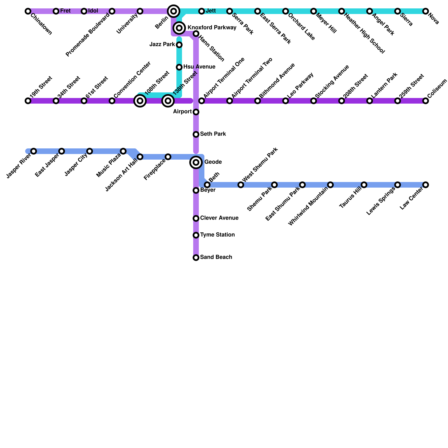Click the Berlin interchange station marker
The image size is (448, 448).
[x=174, y=11]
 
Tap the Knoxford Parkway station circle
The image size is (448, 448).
[x=179, y=28]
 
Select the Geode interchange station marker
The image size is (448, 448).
[x=196, y=162]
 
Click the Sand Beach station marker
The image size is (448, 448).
[x=196, y=258]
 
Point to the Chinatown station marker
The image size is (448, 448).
[x=28, y=11]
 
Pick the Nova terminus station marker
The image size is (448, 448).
[x=426, y=11]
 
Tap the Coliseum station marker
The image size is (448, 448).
[x=426, y=101]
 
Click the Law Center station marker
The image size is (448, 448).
[x=426, y=185]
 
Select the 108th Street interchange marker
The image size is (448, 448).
[x=140, y=101]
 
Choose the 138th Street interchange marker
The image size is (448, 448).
[x=168, y=101]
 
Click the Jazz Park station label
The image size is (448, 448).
[x=162, y=45]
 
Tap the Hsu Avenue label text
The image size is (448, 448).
[x=199, y=67]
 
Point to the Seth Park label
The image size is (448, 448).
[x=213, y=134]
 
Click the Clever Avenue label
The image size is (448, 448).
[x=219, y=218]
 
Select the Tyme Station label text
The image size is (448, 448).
[x=217, y=235]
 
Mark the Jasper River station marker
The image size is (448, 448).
[x=34, y=151]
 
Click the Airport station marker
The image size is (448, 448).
[x=196, y=112]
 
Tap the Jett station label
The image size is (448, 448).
[x=211, y=11]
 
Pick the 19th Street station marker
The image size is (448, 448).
[x=28, y=101]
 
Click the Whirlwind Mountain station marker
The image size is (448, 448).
[x=330, y=185]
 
